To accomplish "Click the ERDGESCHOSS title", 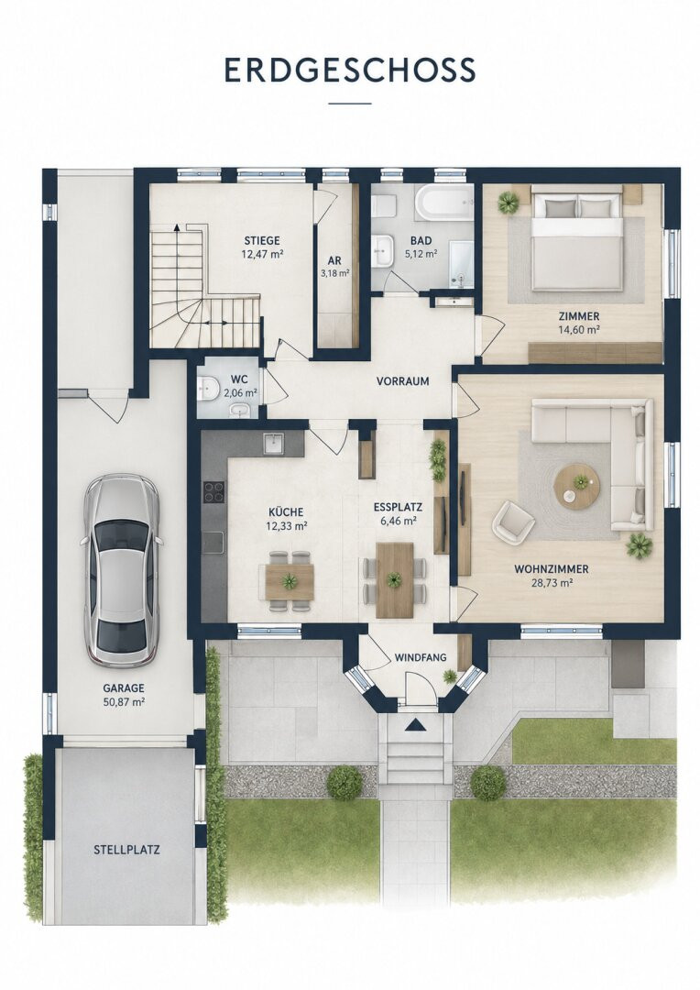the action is point(350,70).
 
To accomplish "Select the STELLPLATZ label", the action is point(126,850).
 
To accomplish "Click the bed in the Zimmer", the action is point(574,242).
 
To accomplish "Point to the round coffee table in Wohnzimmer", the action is point(576,485).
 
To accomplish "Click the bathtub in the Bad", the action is point(444,203).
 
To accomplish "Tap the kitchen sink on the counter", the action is point(274,444).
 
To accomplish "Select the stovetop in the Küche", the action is point(213,492).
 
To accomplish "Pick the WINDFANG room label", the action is point(421,657).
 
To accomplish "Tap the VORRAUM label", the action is point(403,381).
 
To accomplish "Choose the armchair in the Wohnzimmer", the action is point(513,522).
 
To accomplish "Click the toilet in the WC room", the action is point(207,389).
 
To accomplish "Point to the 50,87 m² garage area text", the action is point(123,701).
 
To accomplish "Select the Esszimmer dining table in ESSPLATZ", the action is point(395,580).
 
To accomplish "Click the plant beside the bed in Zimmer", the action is point(508,202).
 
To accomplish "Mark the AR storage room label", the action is point(334,260).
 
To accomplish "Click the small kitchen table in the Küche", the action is point(290,581).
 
